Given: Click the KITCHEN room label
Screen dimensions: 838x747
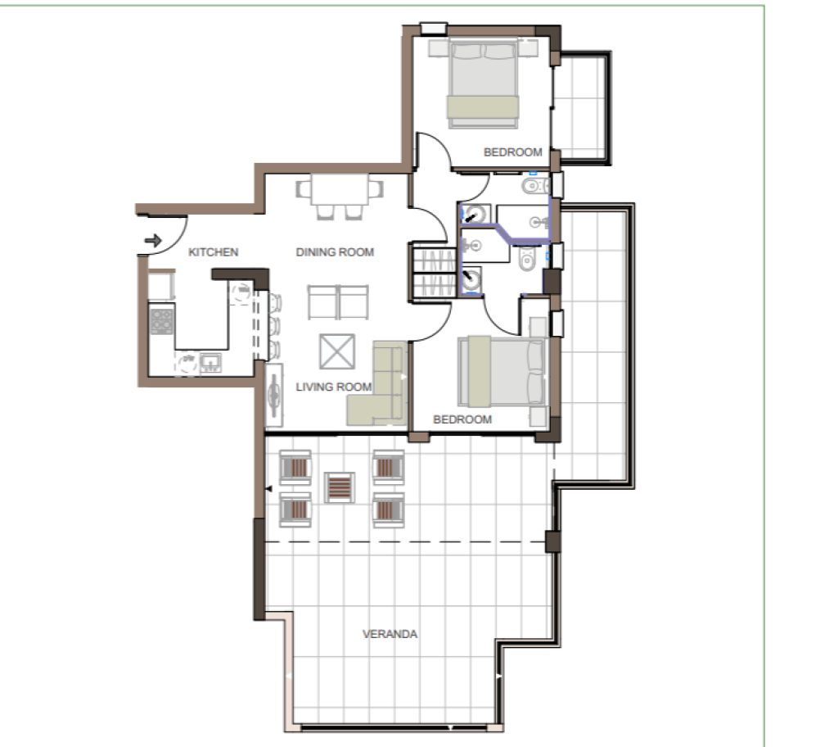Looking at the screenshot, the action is coord(214,252).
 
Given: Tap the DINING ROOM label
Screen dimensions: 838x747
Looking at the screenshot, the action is coord(335,252).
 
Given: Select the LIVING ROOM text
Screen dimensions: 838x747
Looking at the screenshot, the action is coord(334,387).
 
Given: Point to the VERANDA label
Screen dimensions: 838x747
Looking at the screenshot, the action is coord(390,634).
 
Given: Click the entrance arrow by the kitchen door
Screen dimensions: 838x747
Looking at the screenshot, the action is coord(153,241).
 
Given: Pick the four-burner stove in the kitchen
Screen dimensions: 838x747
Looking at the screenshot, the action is coord(161,320).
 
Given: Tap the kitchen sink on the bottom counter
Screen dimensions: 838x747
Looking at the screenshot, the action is coord(210,362).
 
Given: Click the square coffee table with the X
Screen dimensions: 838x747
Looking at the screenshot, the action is coord(337,351).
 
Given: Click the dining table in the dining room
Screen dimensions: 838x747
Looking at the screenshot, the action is coord(340,189).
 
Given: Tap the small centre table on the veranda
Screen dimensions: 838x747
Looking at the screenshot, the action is coord(340,487).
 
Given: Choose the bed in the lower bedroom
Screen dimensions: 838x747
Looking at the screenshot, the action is coord(502,371).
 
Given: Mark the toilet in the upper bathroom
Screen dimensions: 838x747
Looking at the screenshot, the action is coord(534,186).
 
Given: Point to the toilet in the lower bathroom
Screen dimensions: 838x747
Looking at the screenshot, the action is coord(527,259).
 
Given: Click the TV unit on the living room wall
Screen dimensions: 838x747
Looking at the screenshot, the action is coord(274,396).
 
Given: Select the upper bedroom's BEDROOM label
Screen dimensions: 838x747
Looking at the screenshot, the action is coord(512,152).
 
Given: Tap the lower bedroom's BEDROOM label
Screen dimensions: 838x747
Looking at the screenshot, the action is coord(462,419).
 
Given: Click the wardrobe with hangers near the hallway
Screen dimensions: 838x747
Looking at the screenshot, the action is coord(434,273).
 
